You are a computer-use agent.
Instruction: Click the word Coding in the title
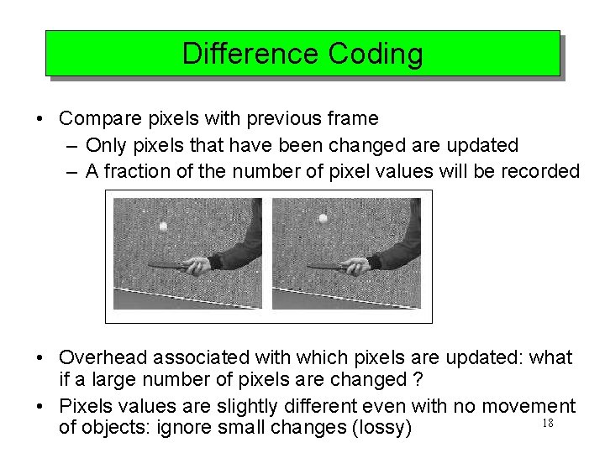pyautogui.click(x=376, y=54)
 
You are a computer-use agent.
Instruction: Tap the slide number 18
pyautogui.click(x=547, y=424)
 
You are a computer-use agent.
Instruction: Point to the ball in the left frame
pyautogui.click(x=164, y=226)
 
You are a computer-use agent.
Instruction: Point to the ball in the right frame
pyautogui.click(x=323, y=219)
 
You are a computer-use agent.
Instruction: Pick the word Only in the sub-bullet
pyautogui.click(x=104, y=145)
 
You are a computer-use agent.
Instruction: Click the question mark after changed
pyautogui.click(x=417, y=379)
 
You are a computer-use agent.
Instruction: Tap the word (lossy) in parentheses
pyautogui.click(x=382, y=428)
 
